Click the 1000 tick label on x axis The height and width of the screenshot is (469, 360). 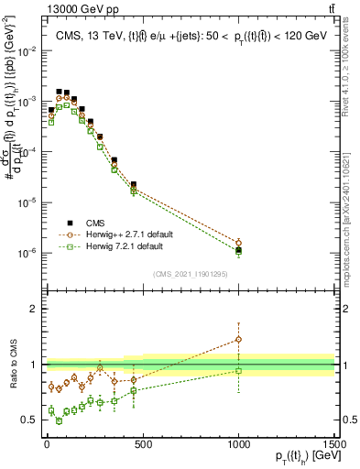click(x=238, y=446)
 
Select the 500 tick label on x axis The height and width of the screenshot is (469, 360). click(x=142, y=446)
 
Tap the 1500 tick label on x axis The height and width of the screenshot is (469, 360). click(x=333, y=446)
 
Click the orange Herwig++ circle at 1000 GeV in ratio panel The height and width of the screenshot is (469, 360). click(x=238, y=339)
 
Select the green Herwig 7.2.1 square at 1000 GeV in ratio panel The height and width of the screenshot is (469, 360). click(x=238, y=371)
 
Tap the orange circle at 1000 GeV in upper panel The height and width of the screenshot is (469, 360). click(x=238, y=243)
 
